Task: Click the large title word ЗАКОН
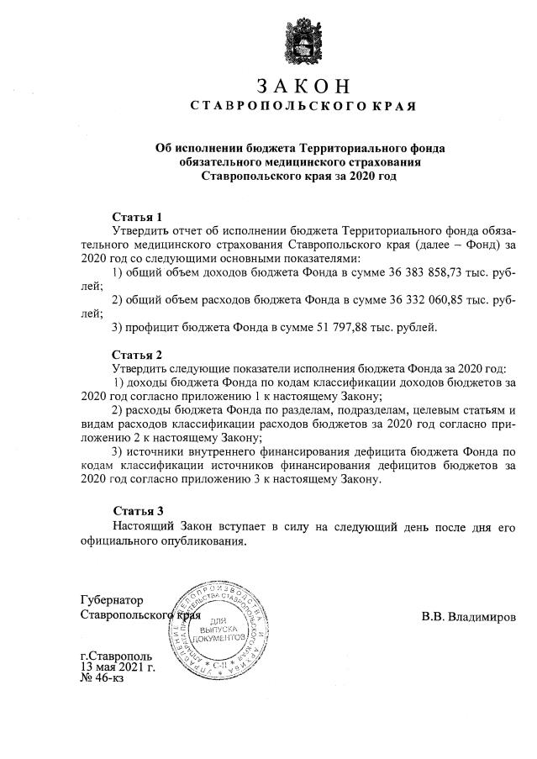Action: pyautogui.click(x=301, y=86)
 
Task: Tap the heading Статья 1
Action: pyautogui.click(x=137, y=217)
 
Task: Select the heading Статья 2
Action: pyautogui.click(x=137, y=354)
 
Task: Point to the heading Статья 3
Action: pyautogui.click(x=137, y=510)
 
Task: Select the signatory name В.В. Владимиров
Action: pyautogui.click(x=469, y=617)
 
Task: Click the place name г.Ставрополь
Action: pyautogui.click(x=117, y=655)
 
